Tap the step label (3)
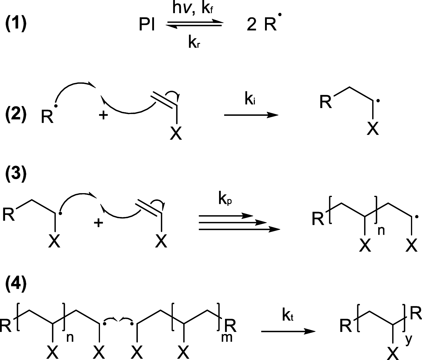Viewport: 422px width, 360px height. [16, 174]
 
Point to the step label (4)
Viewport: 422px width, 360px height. [16, 285]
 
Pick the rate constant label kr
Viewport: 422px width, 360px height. [195, 43]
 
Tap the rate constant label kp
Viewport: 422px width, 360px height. [225, 199]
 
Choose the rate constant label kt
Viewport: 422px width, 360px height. [287, 316]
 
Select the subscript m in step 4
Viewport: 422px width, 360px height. [227, 338]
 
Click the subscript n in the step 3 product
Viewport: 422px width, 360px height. [381, 230]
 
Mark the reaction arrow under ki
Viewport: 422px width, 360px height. [251, 115]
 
